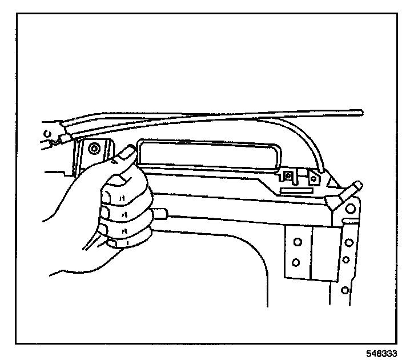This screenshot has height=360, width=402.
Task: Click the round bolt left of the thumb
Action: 95,149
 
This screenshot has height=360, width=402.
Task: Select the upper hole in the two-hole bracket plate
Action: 296,242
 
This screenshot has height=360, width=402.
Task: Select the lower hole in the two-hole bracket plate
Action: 296,262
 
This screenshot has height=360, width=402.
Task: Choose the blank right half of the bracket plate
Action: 324,252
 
